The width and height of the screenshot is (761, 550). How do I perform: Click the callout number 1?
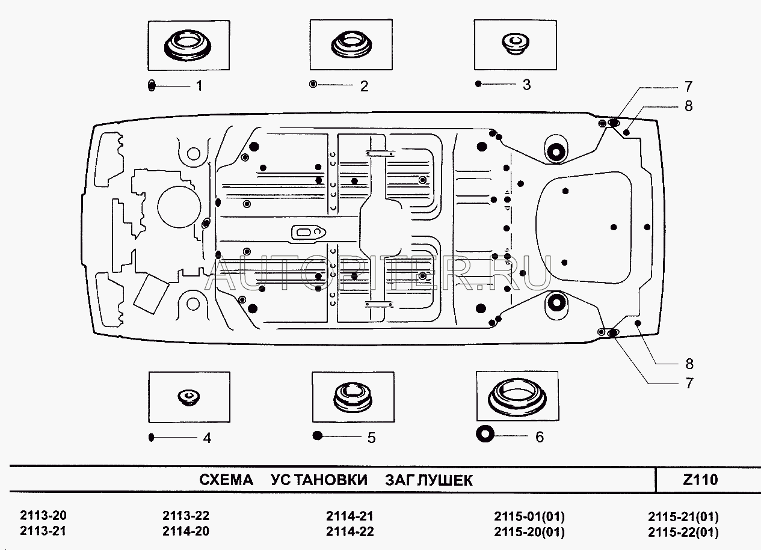point(198,86)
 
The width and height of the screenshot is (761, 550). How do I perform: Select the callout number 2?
point(363,86)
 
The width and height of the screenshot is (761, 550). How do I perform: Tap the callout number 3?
point(526,85)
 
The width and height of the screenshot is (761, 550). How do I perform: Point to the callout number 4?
point(206,438)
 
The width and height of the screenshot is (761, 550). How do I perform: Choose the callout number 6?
point(539,437)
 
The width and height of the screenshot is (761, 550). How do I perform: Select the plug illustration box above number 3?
point(514,45)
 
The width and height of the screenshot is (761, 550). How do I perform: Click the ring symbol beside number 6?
point(485,433)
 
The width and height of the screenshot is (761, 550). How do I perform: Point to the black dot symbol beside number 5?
point(318,436)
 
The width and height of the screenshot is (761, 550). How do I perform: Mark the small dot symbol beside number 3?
point(478,84)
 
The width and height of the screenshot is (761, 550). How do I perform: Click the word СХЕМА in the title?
point(227,480)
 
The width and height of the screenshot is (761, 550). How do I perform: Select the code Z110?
point(701,480)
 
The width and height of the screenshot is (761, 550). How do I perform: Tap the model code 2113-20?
point(44,516)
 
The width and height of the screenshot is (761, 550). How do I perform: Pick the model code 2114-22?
point(350,531)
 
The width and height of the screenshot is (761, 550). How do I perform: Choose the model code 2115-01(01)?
point(529,516)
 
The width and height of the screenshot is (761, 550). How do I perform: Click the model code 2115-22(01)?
point(683,532)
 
